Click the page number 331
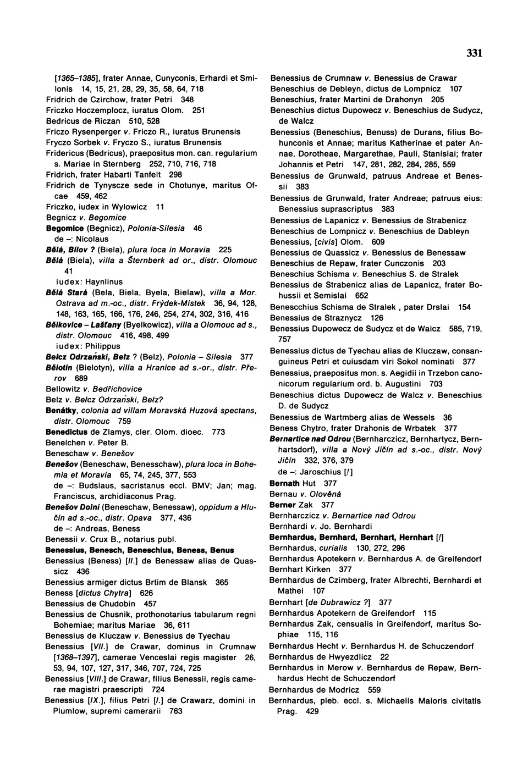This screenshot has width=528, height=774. (474, 53)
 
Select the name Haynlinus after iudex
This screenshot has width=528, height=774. (105, 282)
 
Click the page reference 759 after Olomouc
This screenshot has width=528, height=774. (124, 422)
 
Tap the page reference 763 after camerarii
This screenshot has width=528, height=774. (175, 711)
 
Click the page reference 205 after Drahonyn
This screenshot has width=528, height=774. (437, 99)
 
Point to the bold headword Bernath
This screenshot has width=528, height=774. (284, 483)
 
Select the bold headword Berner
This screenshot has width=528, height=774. (283, 505)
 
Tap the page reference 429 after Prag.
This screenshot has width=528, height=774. (312, 711)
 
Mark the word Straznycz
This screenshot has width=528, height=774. (345, 318)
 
